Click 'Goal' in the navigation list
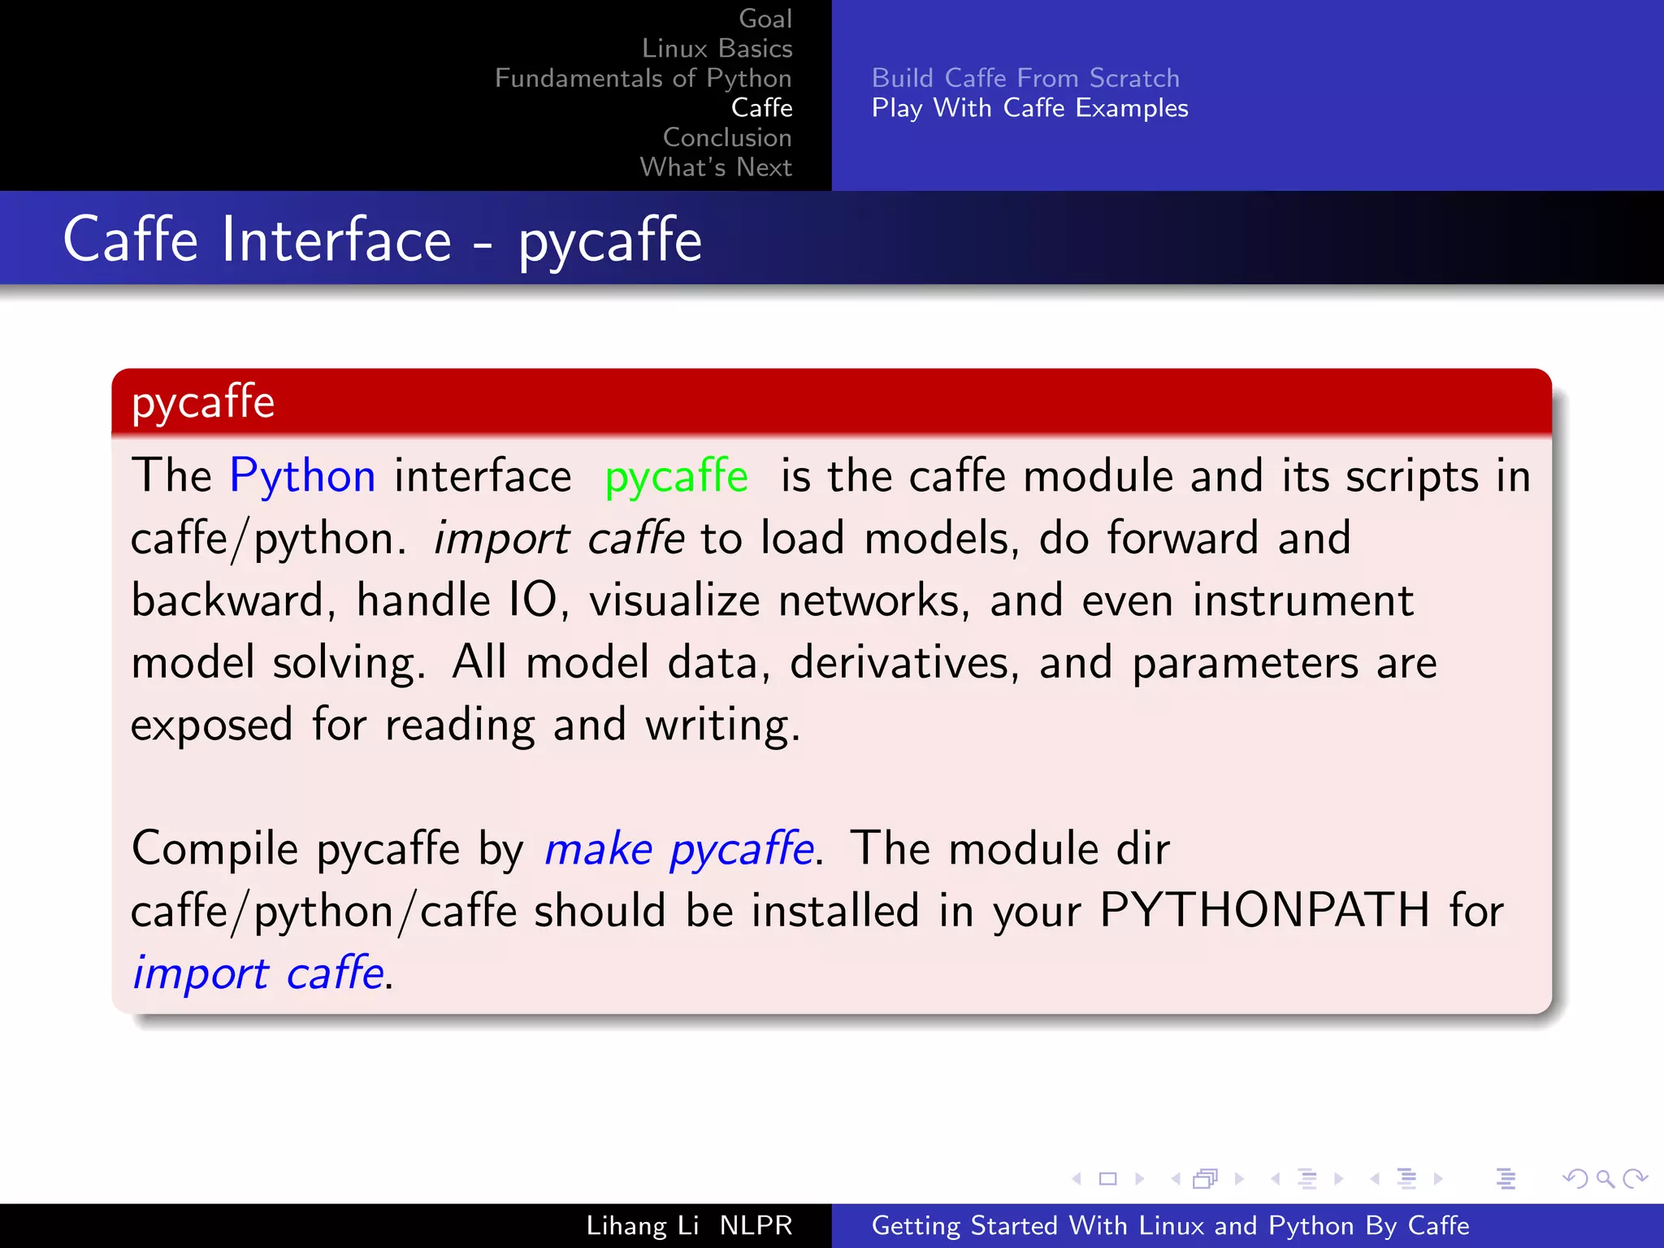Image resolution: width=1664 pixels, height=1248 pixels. (x=765, y=19)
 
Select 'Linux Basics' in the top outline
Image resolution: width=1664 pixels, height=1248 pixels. (x=717, y=48)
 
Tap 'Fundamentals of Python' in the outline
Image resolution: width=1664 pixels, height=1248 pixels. (x=643, y=78)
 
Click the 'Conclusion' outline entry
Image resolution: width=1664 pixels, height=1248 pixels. (x=726, y=137)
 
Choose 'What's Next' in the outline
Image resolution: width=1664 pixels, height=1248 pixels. (x=716, y=167)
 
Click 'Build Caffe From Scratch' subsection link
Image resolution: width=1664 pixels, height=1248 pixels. (x=1025, y=78)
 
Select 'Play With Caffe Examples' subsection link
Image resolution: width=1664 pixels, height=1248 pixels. (x=1029, y=108)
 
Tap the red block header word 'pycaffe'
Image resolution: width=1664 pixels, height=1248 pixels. (x=203, y=402)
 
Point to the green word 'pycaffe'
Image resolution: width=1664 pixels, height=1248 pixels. (x=676, y=477)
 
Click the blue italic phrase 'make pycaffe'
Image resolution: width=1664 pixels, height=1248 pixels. (x=679, y=849)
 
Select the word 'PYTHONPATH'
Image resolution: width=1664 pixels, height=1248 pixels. (x=1263, y=910)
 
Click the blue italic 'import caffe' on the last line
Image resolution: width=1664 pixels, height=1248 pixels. (x=258, y=973)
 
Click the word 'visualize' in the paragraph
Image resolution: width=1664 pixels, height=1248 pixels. (x=674, y=600)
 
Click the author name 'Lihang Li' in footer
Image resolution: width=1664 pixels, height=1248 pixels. (x=642, y=1225)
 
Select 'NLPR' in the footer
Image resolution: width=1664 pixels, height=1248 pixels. (x=756, y=1225)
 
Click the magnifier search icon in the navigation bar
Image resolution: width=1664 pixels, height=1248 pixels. (x=1605, y=1178)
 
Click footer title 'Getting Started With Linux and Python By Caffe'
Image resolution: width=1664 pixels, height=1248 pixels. (x=1170, y=1225)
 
